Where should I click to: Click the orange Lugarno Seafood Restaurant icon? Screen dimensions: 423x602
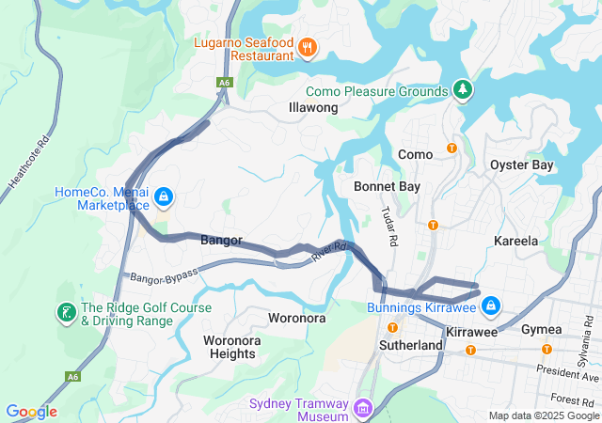tap(306, 47)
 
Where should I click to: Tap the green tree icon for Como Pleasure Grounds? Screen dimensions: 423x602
tap(462, 90)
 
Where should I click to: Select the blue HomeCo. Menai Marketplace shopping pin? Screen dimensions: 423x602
tap(164, 197)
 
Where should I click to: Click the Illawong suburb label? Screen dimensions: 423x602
tap(312, 108)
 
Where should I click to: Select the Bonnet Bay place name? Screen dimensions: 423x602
tap(387, 187)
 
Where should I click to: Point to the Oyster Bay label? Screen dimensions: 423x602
tap(522, 165)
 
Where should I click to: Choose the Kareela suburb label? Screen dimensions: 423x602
tap(516, 242)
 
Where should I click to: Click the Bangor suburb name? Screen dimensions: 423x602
tap(222, 241)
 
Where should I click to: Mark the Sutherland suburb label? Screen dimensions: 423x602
tap(411, 346)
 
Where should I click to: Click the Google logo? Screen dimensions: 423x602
tap(32, 412)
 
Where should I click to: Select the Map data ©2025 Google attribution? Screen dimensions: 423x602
tap(543, 415)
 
